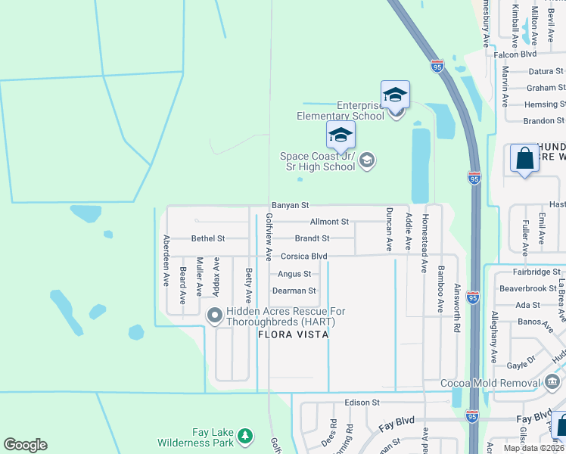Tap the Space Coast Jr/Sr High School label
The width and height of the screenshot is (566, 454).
coord(317,161)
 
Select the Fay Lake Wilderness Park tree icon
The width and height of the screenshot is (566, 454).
coord(244,436)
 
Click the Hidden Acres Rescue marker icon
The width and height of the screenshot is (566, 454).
coord(213,314)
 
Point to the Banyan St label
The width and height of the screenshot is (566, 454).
coord(291,205)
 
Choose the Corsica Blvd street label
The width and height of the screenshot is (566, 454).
coord(303,257)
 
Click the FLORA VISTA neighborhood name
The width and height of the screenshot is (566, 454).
coord(293,334)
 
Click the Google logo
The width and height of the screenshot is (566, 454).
coord(25,445)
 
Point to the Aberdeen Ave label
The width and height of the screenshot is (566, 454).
coord(166,260)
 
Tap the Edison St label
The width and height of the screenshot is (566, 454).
coord(361,403)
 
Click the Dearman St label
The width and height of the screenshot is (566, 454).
coord(293,291)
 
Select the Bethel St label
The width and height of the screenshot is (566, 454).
coord(208,238)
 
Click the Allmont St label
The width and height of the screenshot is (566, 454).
coord(329,222)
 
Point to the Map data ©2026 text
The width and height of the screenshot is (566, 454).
coord(533,448)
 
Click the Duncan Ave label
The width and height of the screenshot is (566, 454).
coord(390,229)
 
